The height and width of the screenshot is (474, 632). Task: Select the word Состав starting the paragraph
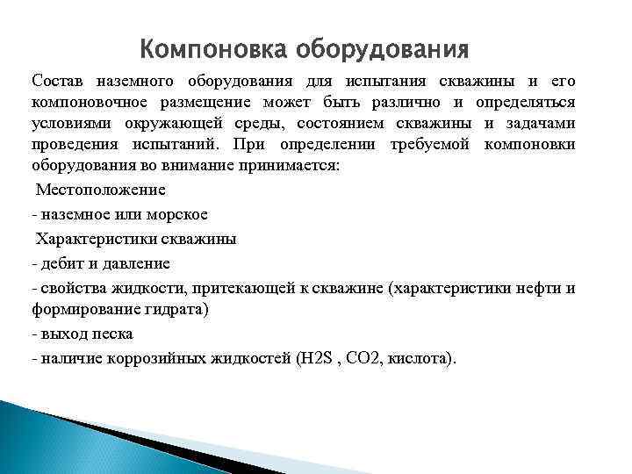tap(59, 81)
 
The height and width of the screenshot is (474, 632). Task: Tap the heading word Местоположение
tap(100, 189)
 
